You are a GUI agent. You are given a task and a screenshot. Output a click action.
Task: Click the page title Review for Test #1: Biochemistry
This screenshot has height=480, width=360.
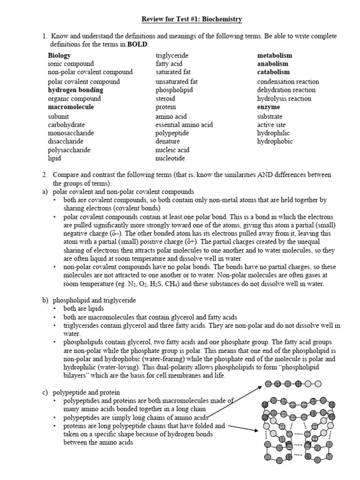click(x=192, y=19)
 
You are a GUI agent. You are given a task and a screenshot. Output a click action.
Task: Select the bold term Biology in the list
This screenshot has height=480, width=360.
click(x=59, y=55)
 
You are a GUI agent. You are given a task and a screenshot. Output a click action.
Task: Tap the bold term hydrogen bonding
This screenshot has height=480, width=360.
click(x=75, y=90)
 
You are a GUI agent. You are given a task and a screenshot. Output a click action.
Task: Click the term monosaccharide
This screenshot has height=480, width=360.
click(x=71, y=133)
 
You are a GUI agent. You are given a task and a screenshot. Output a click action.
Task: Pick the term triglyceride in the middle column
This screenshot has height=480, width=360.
click(x=172, y=55)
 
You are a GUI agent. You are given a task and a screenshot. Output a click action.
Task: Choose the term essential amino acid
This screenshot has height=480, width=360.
click(x=184, y=125)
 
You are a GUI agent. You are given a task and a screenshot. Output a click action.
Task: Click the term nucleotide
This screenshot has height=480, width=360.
click(x=171, y=159)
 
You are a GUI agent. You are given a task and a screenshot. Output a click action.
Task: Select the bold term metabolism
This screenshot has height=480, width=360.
click(x=274, y=55)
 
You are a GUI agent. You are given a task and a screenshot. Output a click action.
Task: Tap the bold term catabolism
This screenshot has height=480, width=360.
click(x=273, y=72)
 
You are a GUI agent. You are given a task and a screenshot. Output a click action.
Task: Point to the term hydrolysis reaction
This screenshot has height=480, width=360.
click(x=284, y=98)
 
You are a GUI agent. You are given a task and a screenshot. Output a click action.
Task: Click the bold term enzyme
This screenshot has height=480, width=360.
click(x=269, y=107)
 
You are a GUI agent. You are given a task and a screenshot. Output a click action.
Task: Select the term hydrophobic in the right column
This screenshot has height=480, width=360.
click(x=275, y=142)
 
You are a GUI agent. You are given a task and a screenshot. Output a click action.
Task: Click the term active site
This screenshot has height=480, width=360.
click(x=271, y=125)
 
